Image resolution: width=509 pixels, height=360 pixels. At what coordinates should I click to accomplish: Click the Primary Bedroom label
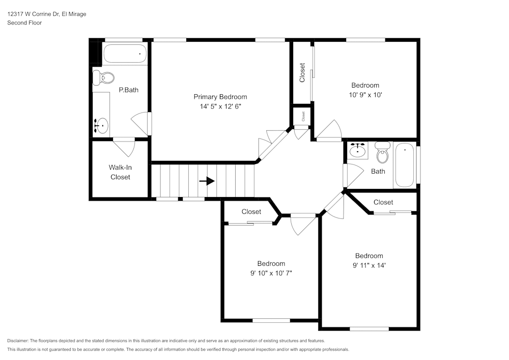pos(220,97)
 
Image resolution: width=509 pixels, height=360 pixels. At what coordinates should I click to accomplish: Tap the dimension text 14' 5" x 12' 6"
pos(220,107)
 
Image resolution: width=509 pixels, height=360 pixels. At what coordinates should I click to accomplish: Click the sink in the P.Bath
pos(102,125)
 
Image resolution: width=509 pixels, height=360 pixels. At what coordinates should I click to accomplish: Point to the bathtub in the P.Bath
pos(125,53)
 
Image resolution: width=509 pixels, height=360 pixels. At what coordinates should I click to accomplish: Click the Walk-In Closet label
pos(120,172)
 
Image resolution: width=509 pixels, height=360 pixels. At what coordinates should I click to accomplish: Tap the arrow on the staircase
pos(207,181)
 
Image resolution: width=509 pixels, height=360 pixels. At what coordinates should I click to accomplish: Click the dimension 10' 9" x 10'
pos(365,95)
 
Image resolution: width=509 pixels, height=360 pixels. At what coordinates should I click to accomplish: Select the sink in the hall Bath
pos(359,150)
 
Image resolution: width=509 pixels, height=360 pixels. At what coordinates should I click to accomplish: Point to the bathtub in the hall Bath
pos(405,165)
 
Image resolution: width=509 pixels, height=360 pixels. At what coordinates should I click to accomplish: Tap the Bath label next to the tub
pos(378,172)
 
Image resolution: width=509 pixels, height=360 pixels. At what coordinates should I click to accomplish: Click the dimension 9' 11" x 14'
pos(369,265)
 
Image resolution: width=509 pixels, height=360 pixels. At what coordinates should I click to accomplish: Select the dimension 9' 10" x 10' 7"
pos(271,273)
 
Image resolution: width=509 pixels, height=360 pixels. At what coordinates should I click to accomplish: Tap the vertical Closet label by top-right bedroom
pos(302,73)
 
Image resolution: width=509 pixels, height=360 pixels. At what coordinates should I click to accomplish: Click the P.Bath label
pos(128,90)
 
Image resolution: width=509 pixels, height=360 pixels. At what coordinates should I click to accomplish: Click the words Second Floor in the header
pos(24,23)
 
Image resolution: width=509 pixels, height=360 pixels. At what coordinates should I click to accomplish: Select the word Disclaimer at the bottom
pos(18,341)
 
